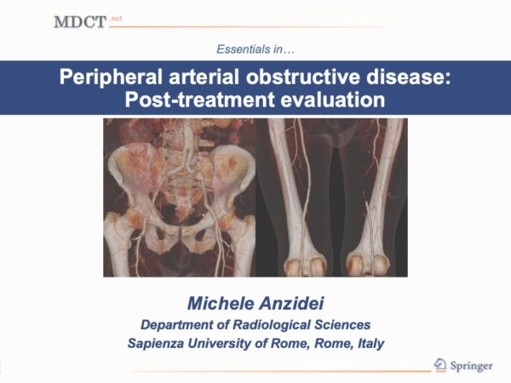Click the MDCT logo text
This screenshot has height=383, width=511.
click(80, 22)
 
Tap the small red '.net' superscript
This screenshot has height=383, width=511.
click(115, 19)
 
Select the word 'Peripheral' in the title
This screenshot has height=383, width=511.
click(111, 77)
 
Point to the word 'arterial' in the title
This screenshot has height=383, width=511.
click(204, 77)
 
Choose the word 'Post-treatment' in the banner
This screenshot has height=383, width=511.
click(199, 100)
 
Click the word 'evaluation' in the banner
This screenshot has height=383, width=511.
click(333, 100)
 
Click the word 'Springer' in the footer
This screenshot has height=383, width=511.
click(471, 366)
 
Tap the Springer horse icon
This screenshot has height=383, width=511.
click(440, 364)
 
